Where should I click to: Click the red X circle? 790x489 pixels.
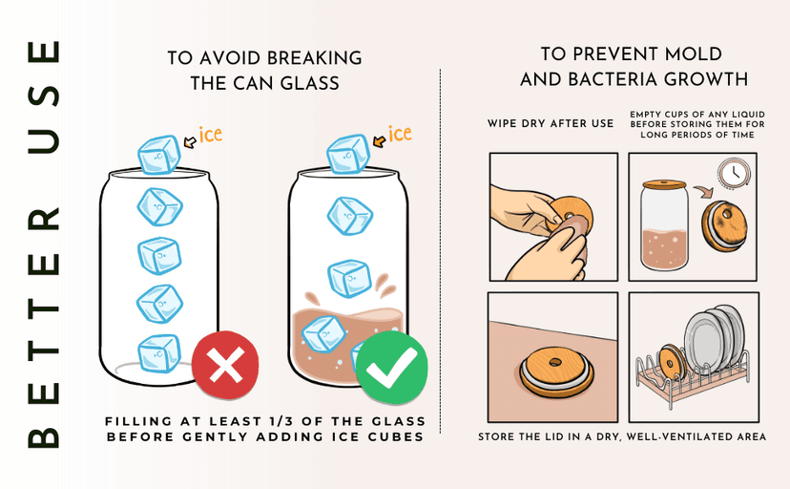coord(225,366)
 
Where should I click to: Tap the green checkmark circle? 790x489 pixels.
coord(391,368)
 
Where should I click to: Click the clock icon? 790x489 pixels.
coord(734,174)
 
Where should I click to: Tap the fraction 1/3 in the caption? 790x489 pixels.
coord(304,421)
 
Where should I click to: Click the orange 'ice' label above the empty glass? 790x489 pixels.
coord(210,135)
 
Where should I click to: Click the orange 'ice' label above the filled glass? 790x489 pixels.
coord(400,134)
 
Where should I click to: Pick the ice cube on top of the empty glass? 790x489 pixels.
coord(159,155)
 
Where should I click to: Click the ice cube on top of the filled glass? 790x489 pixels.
coord(348,154)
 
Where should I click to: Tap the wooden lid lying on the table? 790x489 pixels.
coord(555,372)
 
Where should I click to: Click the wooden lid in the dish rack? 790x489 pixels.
coord(672,362)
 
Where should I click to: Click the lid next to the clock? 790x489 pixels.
coord(724,225)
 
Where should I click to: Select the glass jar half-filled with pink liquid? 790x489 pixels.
coord(665,225)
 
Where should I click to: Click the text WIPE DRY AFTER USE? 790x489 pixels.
coord(551,123)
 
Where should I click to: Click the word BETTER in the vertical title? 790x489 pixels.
coord(44,328)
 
